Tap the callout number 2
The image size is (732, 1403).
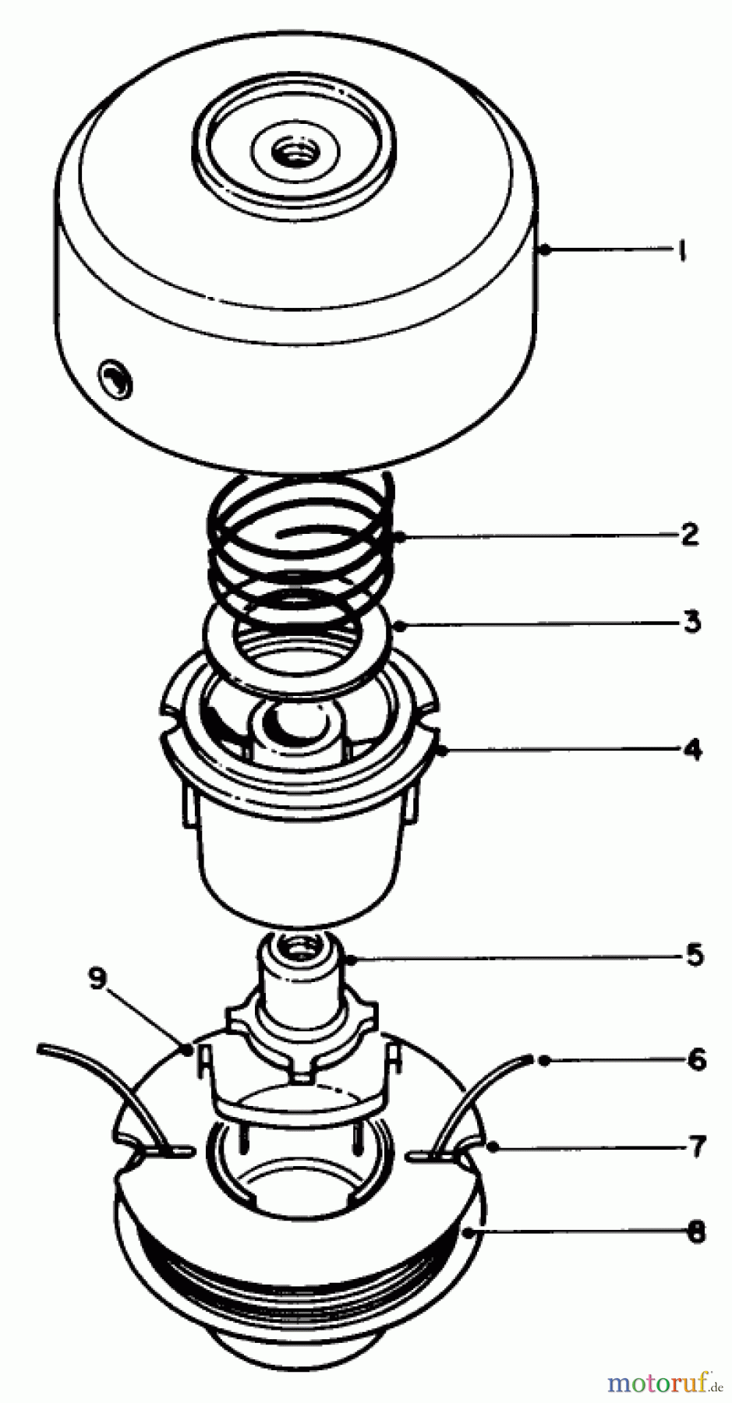(688, 535)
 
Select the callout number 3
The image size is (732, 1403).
(691, 622)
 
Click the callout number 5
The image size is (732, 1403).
(694, 955)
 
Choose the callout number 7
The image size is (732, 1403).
(696, 1146)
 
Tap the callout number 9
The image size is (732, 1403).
(97, 979)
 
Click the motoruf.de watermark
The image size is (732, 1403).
(663, 1383)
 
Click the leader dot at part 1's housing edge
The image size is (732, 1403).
(546, 249)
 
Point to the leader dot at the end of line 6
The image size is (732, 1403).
(545, 1059)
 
